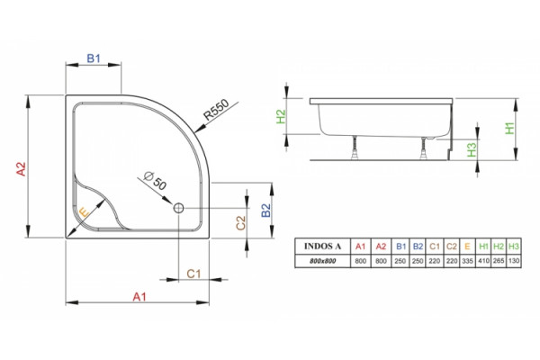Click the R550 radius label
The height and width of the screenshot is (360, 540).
click(216, 110)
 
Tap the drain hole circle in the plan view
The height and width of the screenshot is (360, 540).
click(179, 208)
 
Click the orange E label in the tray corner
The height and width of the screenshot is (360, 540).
click(84, 212)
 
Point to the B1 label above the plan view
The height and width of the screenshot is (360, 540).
click(94, 58)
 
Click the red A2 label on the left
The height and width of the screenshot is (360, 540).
click(22, 169)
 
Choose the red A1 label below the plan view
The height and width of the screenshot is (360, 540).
click(139, 297)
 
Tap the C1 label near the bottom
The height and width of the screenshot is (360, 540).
click(193, 274)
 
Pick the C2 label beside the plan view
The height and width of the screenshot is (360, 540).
click(240, 222)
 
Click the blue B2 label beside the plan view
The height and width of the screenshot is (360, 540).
click(265, 211)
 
